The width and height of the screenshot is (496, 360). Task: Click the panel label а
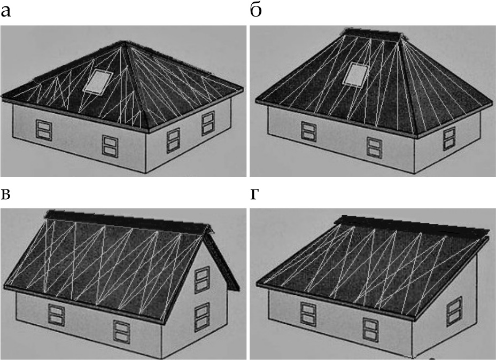point(5,12)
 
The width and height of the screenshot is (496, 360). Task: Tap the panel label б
point(255,11)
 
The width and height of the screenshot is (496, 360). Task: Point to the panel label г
point(254,195)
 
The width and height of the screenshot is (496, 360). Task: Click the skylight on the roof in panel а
point(98,82)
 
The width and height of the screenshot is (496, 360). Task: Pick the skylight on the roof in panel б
point(356,74)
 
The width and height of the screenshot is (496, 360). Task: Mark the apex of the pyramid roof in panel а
point(125,42)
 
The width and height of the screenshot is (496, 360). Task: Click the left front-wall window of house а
point(44,130)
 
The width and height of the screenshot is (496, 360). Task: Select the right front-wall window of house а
point(110,146)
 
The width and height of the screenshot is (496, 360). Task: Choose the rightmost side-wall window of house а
point(208,123)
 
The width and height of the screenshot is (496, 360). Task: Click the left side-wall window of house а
point(173,140)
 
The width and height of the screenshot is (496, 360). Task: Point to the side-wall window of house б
point(449,138)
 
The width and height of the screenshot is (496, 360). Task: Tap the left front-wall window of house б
point(309,131)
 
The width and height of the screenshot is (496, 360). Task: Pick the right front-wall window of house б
point(375,147)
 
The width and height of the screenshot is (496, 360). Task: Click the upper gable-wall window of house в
point(202,280)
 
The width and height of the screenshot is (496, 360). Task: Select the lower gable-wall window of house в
point(202,317)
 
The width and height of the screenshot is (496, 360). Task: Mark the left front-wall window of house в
point(56,315)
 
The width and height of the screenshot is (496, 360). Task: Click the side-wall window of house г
point(454,311)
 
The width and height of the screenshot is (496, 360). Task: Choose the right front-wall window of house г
point(371,330)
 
